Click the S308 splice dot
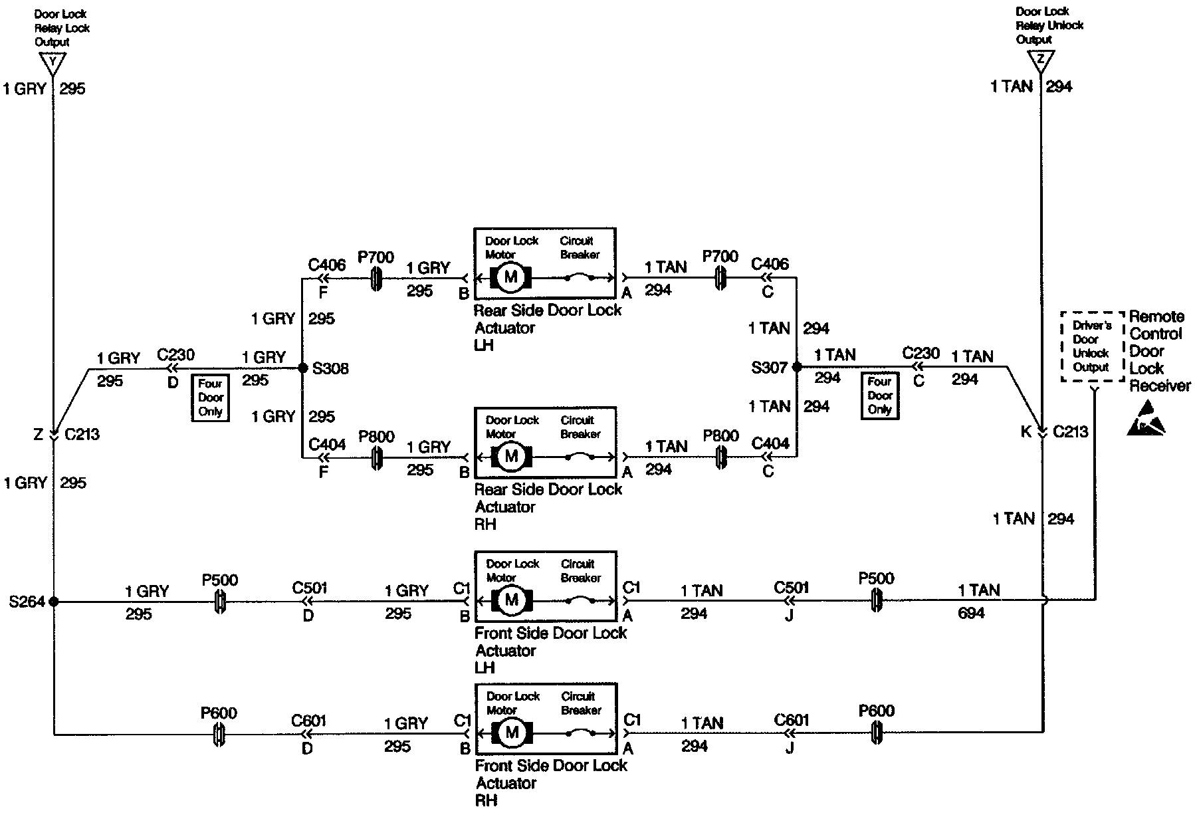pyautogui.click(x=302, y=368)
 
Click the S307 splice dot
pyautogui.click(x=796, y=366)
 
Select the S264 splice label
pyautogui.click(x=27, y=602)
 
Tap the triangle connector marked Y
pyautogui.click(x=52, y=64)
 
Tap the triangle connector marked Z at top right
pyautogui.click(x=1040, y=62)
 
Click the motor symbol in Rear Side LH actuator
pyautogui.click(x=510, y=277)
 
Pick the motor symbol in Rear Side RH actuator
pyautogui.click(x=510, y=457)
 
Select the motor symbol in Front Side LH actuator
pyautogui.click(x=510, y=600)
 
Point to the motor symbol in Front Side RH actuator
pyautogui.click(x=510, y=733)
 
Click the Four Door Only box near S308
pyautogui.click(x=211, y=398)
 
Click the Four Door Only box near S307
pyautogui.click(x=880, y=396)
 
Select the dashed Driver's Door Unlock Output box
pyautogui.click(x=1091, y=346)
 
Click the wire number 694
pyautogui.click(x=971, y=613)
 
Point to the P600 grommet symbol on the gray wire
pyautogui.click(x=219, y=735)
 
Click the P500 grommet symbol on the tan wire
pyautogui.click(x=876, y=600)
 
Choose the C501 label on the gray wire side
pyautogui.click(x=310, y=588)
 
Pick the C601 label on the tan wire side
pyautogui.click(x=792, y=721)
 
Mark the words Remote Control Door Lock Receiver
pyautogui.click(x=1159, y=351)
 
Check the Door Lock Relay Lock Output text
pyautogui.click(x=62, y=28)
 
